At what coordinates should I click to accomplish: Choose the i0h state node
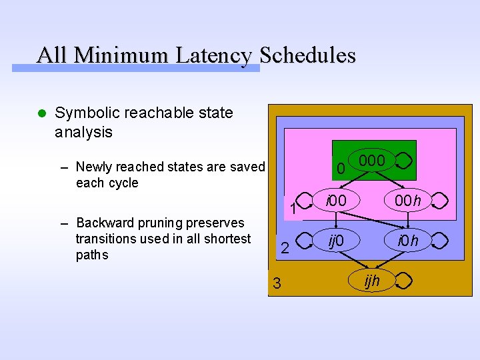pyautogui.click(x=408, y=240)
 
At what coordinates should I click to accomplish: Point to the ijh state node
pyautogui.click(x=372, y=281)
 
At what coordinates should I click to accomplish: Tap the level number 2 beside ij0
pyautogui.click(x=285, y=249)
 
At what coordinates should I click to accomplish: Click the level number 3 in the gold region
pyautogui.click(x=277, y=284)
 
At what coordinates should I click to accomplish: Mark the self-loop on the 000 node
pyautogui.click(x=404, y=161)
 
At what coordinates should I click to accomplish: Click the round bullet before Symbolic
pyautogui.click(x=41, y=114)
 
